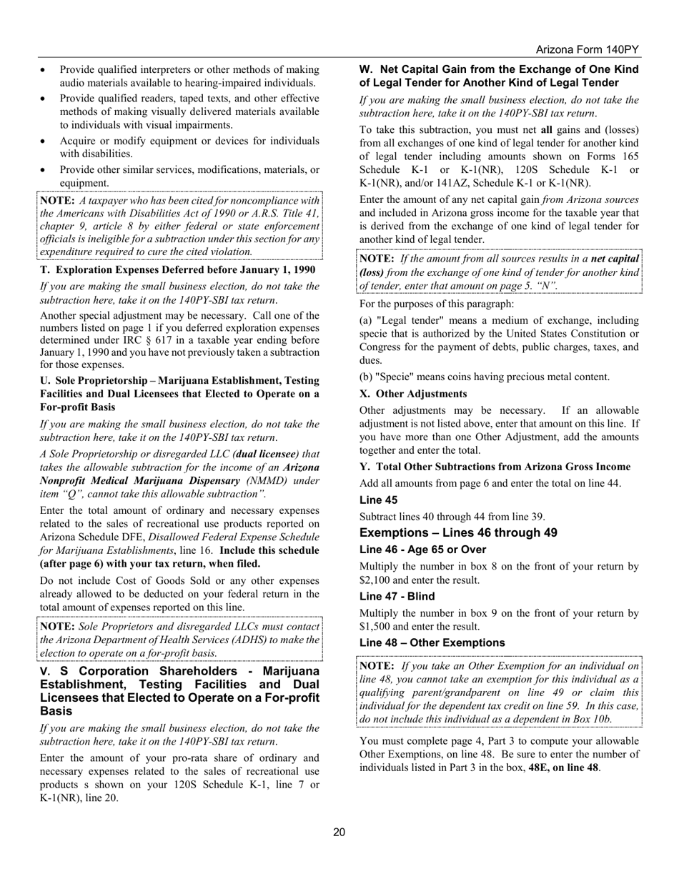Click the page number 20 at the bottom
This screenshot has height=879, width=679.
pos(339,832)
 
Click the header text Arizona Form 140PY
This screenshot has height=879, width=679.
pos(587,49)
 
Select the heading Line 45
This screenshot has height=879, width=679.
pos(378,500)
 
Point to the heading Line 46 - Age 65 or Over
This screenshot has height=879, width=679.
pos(422,550)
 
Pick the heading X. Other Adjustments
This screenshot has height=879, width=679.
pos(413,394)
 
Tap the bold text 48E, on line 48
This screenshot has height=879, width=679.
pos(564,768)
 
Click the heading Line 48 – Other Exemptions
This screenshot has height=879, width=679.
pos(432,642)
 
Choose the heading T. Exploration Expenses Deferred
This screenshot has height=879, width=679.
pos(177,269)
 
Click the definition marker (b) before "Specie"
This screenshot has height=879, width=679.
pos(367,377)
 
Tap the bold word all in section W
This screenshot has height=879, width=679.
pos(547,129)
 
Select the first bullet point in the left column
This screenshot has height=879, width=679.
pos(45,70)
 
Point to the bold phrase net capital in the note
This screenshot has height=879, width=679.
pos(614,257)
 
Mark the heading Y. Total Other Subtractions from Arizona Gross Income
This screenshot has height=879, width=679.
pos(495,467)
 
